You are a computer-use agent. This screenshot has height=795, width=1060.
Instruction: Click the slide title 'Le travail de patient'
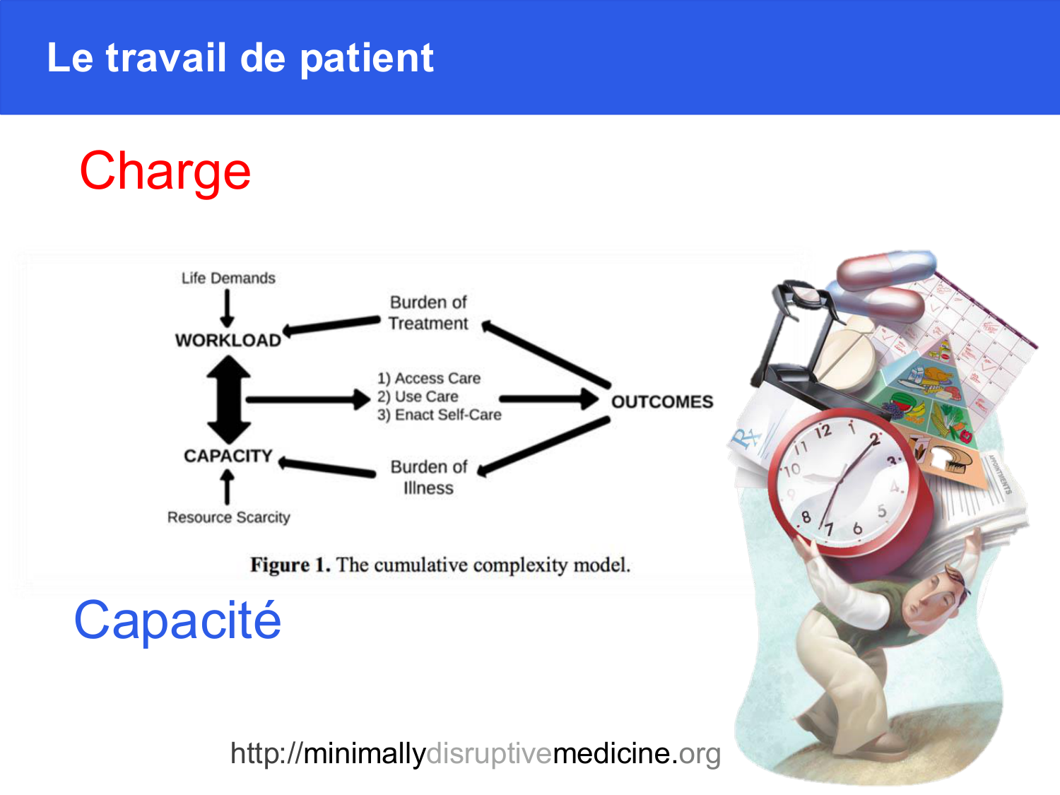[240, 59]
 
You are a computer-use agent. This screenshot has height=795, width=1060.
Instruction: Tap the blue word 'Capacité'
[177, 620]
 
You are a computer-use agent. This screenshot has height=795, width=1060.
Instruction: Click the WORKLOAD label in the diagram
[228, 341]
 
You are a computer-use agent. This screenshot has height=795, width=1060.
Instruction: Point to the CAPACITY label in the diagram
[228, 456]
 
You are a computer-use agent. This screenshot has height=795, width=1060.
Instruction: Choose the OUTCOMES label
[662, 401]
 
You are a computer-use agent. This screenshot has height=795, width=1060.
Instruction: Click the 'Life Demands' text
[228, 278]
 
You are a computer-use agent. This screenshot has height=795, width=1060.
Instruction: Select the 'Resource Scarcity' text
[229, 517]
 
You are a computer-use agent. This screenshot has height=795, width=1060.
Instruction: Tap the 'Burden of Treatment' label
[428, 313]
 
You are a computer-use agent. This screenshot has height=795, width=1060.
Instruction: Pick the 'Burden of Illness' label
[429, 478]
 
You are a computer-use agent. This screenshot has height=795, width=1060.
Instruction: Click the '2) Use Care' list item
[418, 396]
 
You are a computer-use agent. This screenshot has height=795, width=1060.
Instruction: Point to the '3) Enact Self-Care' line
[440, 415]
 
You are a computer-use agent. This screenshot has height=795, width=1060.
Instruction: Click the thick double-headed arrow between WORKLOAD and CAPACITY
[228, 400]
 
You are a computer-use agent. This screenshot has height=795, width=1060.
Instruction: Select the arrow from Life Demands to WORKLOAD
[227, 309]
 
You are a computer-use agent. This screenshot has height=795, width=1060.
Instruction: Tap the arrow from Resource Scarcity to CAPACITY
[227, 487]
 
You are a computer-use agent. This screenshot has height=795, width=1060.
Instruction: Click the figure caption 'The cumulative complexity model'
[483, 565]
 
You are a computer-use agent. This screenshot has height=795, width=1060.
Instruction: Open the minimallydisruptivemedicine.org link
[476, 753]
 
